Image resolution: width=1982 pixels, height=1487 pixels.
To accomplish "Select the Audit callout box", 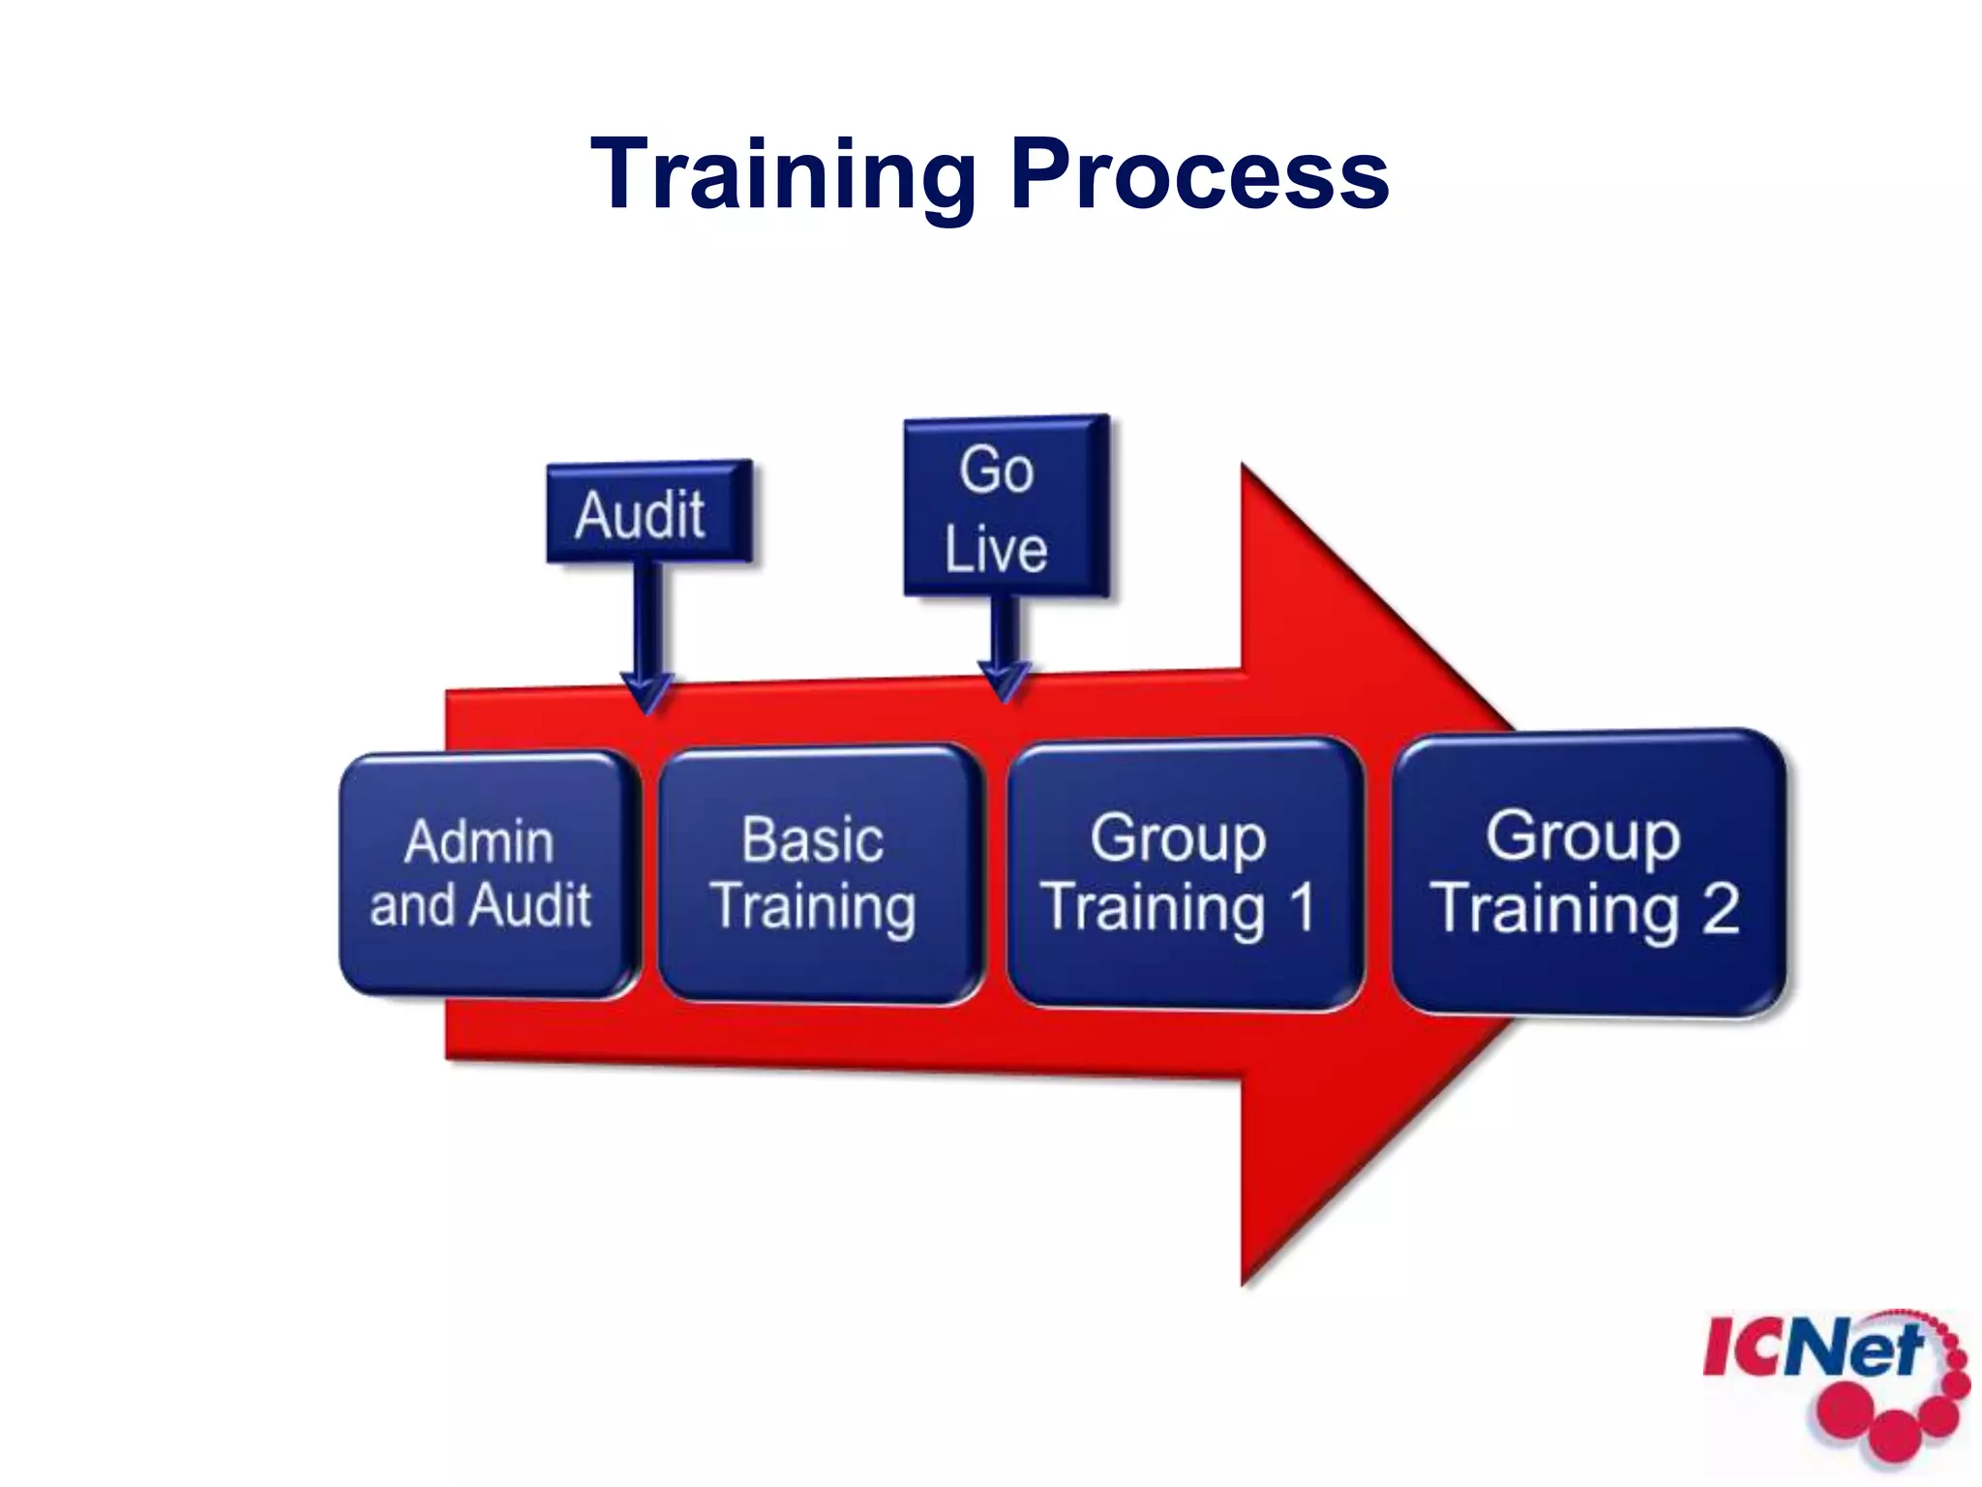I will [x=648, y=512].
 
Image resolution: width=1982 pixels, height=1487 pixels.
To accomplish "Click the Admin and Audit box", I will [x=488, y=874].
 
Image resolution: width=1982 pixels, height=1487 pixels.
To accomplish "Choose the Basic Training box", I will [x=818, y=873].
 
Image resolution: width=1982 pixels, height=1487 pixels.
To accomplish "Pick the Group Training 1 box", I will [x=1184, y=873].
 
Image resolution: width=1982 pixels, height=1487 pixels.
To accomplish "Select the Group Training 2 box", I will [x=1587, y=873].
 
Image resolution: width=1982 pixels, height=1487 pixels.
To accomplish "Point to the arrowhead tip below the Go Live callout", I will [x=1005, y=699].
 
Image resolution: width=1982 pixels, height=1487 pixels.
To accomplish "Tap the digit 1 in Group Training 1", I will [x=1302, y=908].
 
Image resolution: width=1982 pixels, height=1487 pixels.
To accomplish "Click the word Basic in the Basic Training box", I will [x=813, y=839].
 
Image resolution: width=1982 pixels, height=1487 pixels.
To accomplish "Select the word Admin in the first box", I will [x=480, y=841].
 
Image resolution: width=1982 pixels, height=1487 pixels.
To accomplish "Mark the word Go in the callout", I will [x=997, y=470].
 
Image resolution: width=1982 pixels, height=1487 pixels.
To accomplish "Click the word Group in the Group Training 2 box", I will [x=1583, y=836].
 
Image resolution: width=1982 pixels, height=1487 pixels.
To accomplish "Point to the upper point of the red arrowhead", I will [x=1245, y=467].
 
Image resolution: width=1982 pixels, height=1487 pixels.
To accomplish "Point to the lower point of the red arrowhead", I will [x=1245, y=1284].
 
